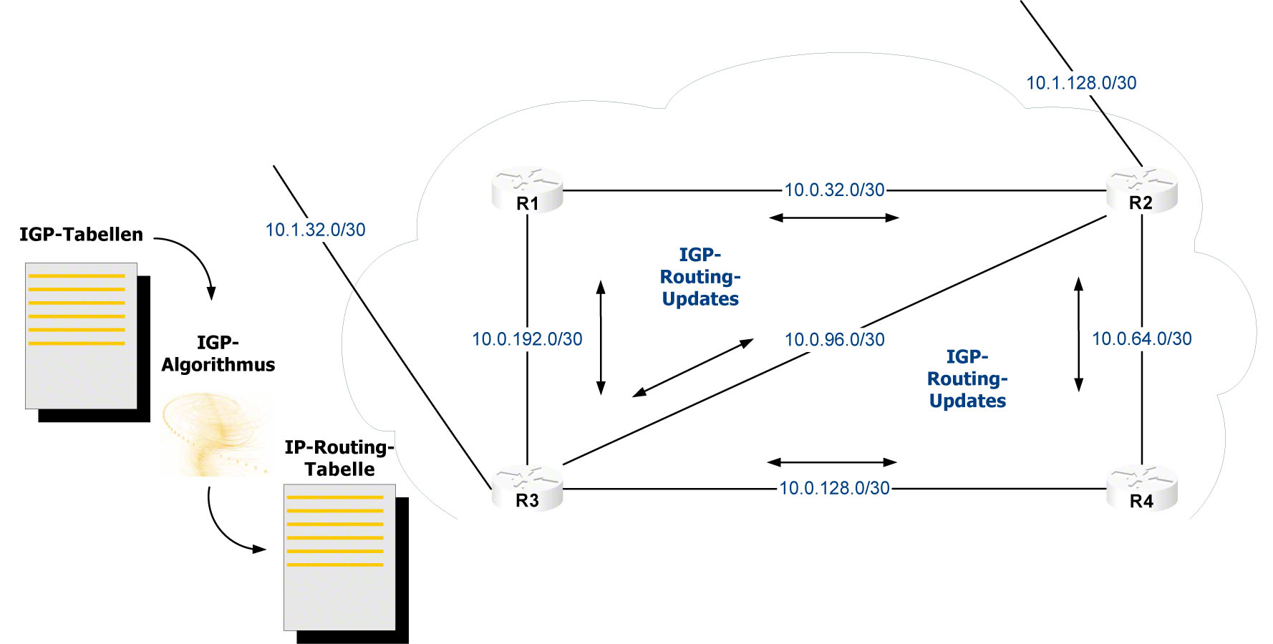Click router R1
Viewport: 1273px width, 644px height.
pos(527,190)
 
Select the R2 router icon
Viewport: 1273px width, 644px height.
pos(1141,190)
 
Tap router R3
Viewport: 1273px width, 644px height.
pos(527,487)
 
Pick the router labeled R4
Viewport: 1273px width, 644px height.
pos(1141,488)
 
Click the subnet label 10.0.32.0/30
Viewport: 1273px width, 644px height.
pos(834,190)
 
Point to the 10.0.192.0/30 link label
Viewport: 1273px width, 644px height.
pos(527,339)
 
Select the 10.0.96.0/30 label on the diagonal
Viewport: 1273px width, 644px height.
pos(834,339)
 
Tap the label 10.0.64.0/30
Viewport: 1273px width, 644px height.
pos(1141,338)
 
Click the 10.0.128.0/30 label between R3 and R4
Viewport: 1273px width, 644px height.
pos(834,488)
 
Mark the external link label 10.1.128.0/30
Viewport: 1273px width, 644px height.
pos(1081,83)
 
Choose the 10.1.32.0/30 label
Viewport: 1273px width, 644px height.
pos(315,230)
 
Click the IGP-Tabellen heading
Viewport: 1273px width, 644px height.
pos(81,234)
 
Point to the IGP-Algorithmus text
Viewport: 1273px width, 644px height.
pos(218,353)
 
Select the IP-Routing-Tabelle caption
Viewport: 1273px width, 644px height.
pos(339,458)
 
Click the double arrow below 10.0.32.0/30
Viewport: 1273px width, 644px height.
pos(833,218)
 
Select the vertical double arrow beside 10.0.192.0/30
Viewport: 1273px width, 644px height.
pos(601,337)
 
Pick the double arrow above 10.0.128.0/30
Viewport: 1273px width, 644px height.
pos(831,462)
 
